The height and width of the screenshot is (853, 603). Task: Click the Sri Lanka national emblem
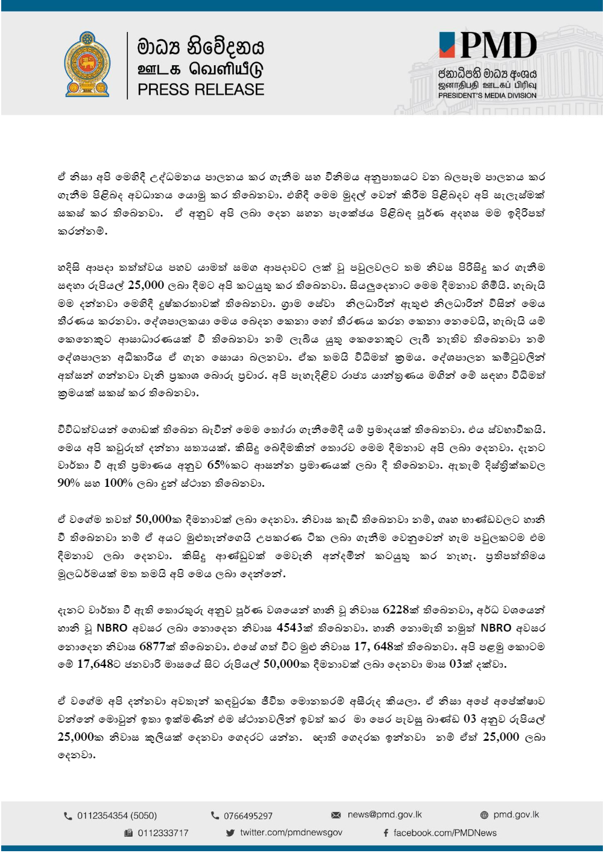coord(87,65)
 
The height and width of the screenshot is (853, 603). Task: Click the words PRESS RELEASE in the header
coord(201,90)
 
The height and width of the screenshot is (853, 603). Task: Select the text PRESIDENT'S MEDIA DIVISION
coord(487,95)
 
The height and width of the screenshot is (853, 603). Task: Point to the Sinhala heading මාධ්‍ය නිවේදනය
coord(201,46)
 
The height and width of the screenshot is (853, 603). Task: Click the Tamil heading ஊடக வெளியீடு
coord(201,68)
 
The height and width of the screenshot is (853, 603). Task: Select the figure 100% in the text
coord(118,483)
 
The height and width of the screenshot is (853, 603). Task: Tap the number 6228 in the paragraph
coord(396,610)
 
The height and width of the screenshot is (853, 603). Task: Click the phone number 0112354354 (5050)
coord(117,816)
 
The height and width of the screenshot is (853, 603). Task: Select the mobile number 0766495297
coord(248,816)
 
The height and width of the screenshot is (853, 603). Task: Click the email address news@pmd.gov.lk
coord(385,814)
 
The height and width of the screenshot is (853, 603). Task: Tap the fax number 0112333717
coord(163,833)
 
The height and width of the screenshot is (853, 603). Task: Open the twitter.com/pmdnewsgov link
coord(291,832)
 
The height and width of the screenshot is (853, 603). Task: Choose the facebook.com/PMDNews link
coord(445,833)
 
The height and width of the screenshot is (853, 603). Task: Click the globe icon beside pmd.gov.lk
coord(484,815)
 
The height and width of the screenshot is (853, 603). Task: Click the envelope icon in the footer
coord(336,815)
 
